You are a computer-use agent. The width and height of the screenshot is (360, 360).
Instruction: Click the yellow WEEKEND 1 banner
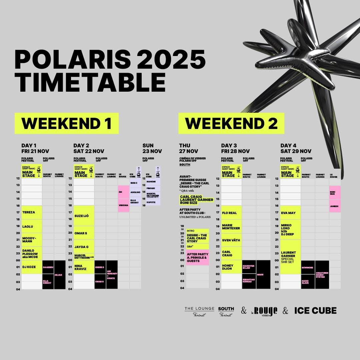(x=66, y=123)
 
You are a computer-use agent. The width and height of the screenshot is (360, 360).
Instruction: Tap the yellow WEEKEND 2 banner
(x=231, y=123)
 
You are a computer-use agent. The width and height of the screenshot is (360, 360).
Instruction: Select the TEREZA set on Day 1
(x=32, y=212)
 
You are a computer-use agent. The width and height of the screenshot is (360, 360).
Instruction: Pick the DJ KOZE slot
(x=32, y=267)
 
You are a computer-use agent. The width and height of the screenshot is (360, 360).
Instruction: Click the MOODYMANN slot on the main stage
(x=32, y=240)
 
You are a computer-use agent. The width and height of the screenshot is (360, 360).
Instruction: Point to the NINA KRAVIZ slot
(x=84, y=267)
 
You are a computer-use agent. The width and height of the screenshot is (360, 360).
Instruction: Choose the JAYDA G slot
(x=84, y=247)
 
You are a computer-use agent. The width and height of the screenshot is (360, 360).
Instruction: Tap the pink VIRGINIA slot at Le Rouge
(x=124, y=205)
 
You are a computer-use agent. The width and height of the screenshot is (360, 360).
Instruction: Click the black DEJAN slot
(x=60, y=275)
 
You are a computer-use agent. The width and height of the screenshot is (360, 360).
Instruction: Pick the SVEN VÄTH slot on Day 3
(x=231, y=240)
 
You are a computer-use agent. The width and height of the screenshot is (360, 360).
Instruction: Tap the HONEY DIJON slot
(x=231, y=267)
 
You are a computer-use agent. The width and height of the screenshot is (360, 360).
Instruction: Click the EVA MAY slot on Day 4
(x=291, y=213)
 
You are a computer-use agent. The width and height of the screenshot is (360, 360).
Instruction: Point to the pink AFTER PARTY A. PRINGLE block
(x=198, y=257)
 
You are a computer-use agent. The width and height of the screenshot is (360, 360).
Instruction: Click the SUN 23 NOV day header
(x=152, y=148)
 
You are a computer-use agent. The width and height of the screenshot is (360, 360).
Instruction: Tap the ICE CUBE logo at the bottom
(x=315, y=311)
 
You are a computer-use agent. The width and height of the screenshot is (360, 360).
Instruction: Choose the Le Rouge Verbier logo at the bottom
(x=264, y=311)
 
